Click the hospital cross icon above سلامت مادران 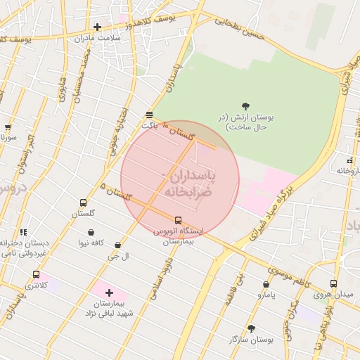point(97,27)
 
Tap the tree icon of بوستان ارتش point(245,105)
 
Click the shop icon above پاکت point(149,115)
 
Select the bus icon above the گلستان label point(84,202)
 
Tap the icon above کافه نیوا point(91,232)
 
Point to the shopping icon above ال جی point(117,245)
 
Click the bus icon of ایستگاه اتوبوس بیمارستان point(177,220)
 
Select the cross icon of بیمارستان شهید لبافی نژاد point(108,292)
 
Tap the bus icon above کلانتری point(36,275)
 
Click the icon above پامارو point(266,285)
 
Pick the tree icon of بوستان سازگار point(251,328)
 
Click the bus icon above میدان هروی point(333,284)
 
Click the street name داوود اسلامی point(161,274)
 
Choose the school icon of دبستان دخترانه point(23,232)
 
